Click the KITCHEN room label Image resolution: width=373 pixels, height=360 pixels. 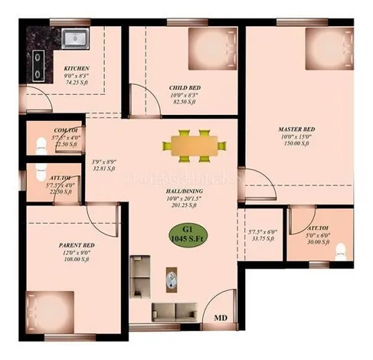[x=77, y=69]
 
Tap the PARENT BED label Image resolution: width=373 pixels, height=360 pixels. [x=76, y=246]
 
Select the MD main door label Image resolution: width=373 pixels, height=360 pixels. [x=220, y=317]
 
